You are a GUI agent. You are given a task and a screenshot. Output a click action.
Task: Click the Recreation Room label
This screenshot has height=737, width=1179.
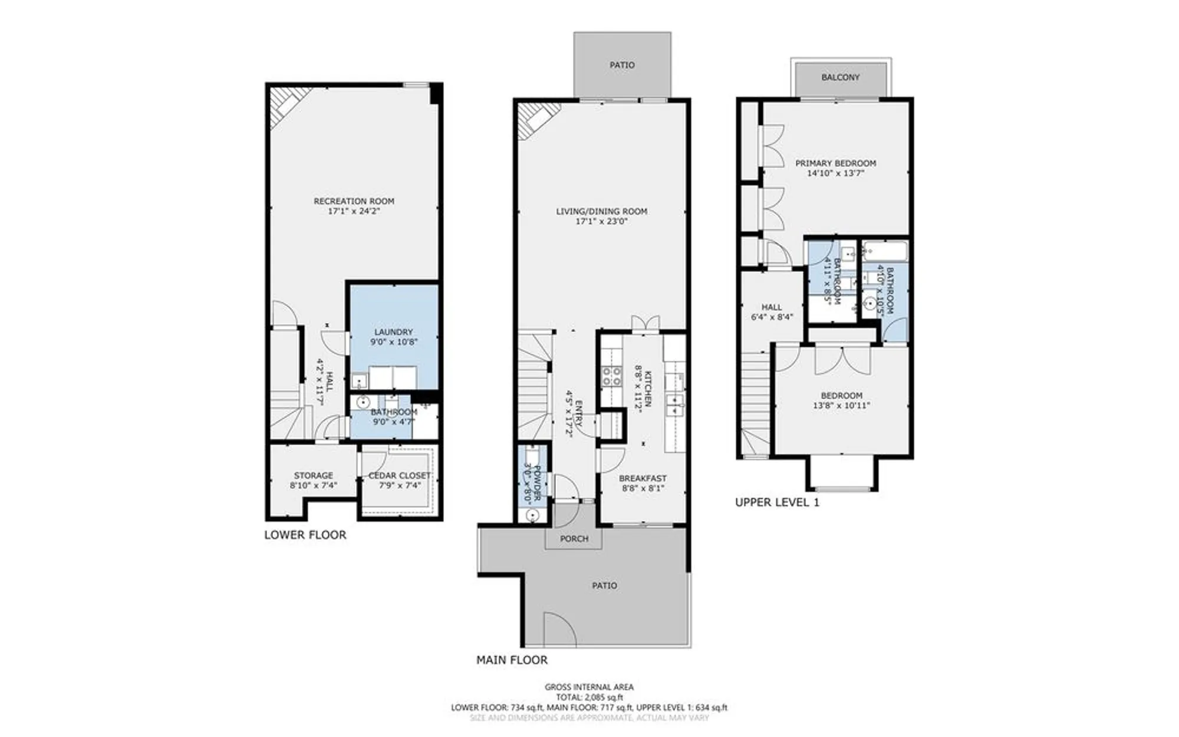pos(354,201)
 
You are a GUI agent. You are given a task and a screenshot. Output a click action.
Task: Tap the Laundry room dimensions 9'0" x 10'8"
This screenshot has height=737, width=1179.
pos(394,342)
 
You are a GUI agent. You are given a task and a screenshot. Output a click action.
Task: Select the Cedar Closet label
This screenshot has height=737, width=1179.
pos(399,475)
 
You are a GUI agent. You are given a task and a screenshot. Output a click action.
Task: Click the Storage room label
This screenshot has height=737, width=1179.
pos(314,475)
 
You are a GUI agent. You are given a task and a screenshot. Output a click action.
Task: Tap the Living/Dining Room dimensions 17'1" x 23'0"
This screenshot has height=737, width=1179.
pos(601,222)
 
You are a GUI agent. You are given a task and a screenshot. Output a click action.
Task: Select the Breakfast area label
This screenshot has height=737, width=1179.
pos(643,478)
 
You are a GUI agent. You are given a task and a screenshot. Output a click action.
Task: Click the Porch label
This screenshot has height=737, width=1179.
pos(574,538)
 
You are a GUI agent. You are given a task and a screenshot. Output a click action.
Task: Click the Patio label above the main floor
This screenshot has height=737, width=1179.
pos(622,65)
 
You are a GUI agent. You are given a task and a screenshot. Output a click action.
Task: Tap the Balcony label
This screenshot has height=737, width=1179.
pos(840,77)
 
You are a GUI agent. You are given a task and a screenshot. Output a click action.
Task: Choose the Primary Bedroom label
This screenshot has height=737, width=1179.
pos(835,163)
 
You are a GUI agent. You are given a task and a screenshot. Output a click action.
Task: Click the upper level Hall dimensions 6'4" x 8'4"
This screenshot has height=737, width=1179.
pos(772,317)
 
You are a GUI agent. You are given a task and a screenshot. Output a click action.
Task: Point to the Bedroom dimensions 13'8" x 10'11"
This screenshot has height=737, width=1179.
pos(841,406)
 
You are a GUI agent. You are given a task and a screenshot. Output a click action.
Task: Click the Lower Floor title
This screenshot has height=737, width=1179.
pos(305,535)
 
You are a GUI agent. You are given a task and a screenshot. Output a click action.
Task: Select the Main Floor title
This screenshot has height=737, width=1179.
pos(512,660)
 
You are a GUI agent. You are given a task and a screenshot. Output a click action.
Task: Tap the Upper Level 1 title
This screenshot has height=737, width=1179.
pos(776,502)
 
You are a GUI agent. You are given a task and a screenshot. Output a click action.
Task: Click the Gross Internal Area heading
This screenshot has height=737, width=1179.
pos(589,687)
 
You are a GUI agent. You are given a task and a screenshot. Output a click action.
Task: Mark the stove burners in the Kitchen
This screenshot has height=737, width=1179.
pos(611,376)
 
